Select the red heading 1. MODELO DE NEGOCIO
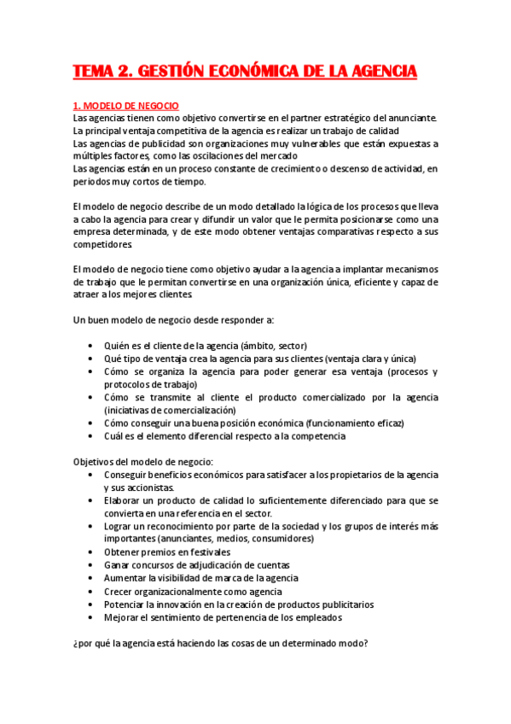125,106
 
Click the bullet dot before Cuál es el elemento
91,436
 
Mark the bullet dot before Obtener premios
91,552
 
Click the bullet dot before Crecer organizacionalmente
91,591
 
